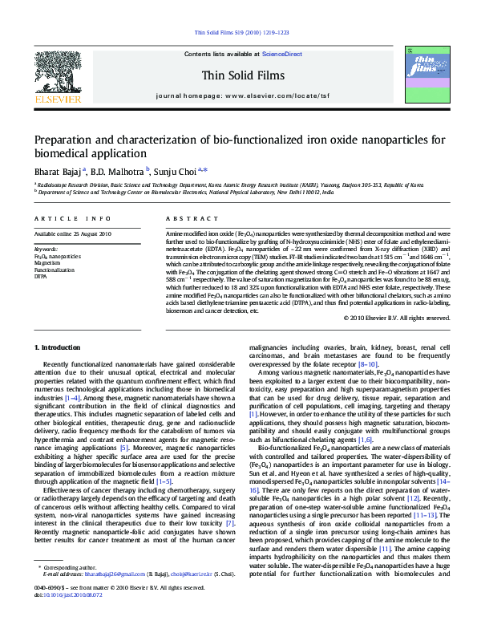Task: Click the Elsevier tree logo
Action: [x=57, y=75]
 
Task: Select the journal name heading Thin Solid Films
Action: [x=238, y=75]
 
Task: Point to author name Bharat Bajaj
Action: [x=56, y=171]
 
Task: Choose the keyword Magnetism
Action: [x=47, y=262]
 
